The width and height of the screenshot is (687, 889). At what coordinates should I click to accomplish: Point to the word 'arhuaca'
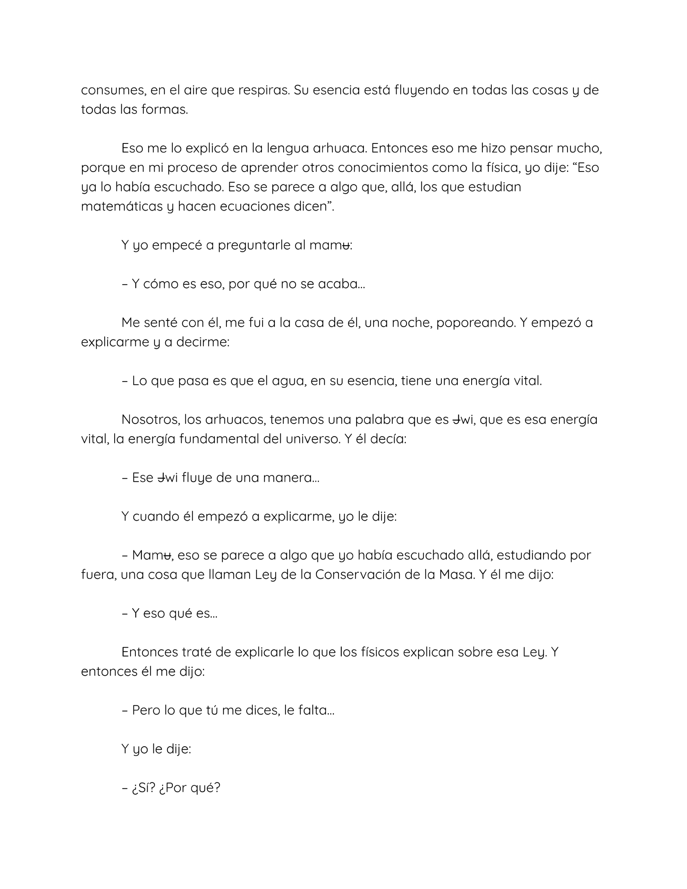pyautogui.click(x=340, y=148)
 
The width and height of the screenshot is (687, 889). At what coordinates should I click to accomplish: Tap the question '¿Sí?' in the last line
pyautogui.click(x=144, y=788)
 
